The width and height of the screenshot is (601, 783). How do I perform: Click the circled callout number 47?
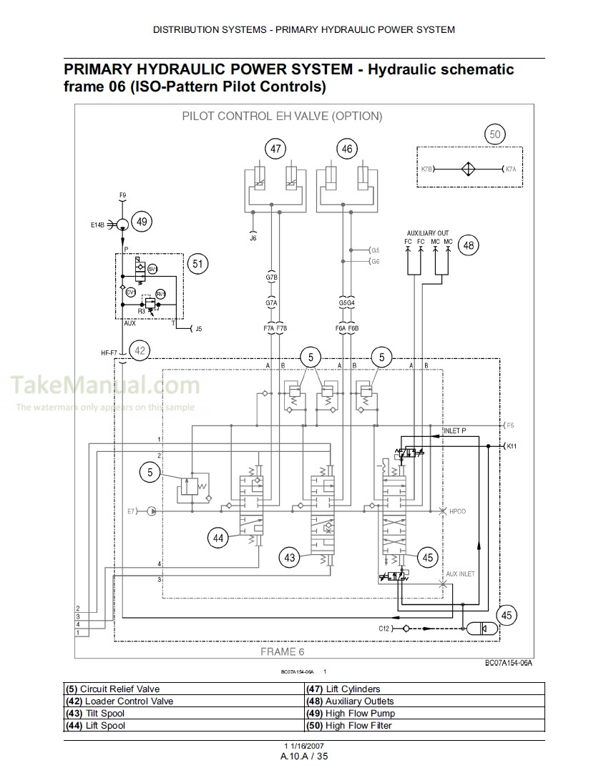[x=275, y=149]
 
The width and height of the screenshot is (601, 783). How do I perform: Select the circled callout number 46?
[x=347, y=149]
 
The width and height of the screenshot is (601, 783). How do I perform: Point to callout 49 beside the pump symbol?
[x=142, y=222]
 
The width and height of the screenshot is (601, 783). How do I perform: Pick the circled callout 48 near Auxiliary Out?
[x=469, y=245]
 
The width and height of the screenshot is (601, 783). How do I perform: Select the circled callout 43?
[x=290, y=558]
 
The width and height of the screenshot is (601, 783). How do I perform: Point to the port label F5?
[x=510, y=426]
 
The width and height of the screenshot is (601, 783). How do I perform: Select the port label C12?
[x=385, y=629]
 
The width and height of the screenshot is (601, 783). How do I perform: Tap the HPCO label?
[x=457, y=512]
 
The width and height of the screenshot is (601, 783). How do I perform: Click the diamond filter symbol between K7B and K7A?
[x=466, y=169]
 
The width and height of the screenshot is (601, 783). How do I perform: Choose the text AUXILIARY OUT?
[x=428, y=234]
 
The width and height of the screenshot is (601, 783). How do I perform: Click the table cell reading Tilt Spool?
[x=185, y=714]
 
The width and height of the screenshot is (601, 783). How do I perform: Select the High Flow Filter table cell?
[x=425, y=726]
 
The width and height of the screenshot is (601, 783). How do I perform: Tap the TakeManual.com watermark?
[x=105, y=386]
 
